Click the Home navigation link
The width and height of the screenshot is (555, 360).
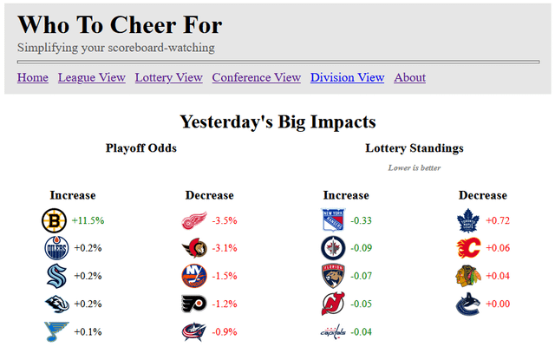pos(33,77)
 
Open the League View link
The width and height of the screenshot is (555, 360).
pos(92,77)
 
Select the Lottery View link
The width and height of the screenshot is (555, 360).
pos(168,77)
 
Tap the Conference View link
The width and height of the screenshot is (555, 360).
pos(257,77)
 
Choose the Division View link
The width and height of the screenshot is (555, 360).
pos(347,77)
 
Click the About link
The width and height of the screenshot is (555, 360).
pos(409,77)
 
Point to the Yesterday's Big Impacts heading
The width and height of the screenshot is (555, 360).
pos(277,121)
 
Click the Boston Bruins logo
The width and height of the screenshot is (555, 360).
pos(55,220)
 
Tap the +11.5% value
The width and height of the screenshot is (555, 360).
pos(88,220)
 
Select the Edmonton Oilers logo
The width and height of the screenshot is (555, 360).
pos(55,248)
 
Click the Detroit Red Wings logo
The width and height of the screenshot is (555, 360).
pos(193,220)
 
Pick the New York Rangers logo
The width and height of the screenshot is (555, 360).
pos(334,220)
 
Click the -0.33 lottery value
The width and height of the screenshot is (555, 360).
pos(362,220)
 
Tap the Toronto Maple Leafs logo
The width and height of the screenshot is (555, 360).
pos(468,220)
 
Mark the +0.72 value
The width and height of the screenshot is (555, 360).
pos(498,220)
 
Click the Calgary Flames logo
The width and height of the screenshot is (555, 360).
pos(468,248)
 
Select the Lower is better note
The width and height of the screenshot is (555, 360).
pos(414,167)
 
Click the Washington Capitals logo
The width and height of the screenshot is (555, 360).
pos(334,331)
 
